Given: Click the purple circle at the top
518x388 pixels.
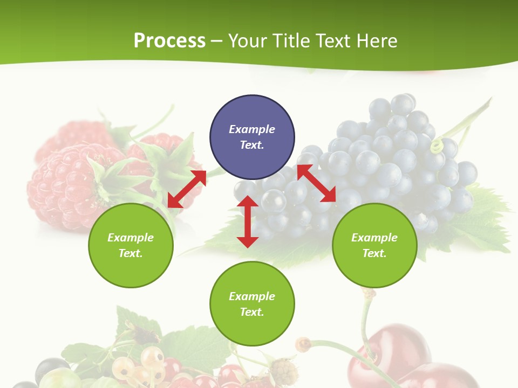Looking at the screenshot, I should pyautogui.click(x=252, y=137).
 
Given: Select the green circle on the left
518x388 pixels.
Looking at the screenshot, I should pyautogui.click(x=131, y=245).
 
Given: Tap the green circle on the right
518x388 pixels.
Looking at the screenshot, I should pyautogui.click(x=374, y=245).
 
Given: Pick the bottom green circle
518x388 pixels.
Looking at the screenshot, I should pyautogui.click(x=252, y=304).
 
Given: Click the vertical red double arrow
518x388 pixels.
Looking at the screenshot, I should pyautogui.click(x=248, y=221).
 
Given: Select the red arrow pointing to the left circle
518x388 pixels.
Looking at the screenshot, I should pyautogui.click(x=187, y=189).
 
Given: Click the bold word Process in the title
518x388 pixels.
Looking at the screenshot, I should pyautogui.click(x=169, y=40).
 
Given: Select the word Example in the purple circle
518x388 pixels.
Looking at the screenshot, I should pyautogui.click(x=252, y=129).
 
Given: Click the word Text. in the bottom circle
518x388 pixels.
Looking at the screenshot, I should pyautogui.click(x=252, y=312).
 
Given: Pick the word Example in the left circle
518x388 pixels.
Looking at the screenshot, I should pyautogui.click(x=131, y=238).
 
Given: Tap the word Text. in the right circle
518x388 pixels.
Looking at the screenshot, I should pyautogui.click(x=374, y=253).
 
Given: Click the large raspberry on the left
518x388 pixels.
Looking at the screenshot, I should pyautogui.click(x=62, y=183).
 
